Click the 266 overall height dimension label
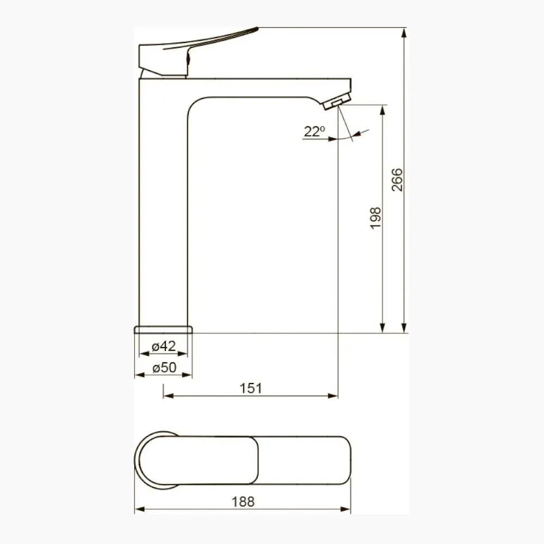click(397, 180)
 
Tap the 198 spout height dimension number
click(375, 218)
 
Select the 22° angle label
click(314, 132)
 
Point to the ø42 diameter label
click(164, 346)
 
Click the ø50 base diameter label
click(164, 367)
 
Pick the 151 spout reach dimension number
click(251, 388)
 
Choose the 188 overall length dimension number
click(243, 502)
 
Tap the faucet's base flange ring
click(163, 329)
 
